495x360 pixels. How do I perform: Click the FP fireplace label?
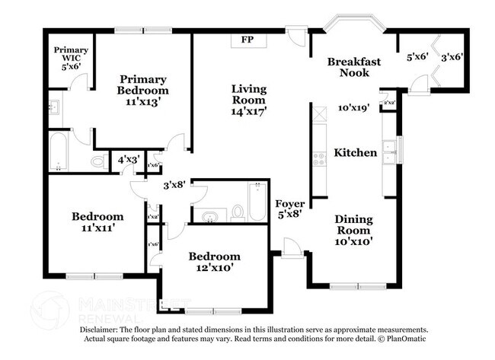point(247,40)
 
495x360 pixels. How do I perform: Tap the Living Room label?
point(248,94)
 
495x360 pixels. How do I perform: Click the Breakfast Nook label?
point(354,67)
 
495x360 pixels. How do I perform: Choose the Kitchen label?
point(356,153)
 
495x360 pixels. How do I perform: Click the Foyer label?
point(289,204)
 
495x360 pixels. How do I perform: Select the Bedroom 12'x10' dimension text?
point(214,268)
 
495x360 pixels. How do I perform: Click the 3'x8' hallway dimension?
point(174,185)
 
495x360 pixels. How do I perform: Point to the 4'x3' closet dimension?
point(127,161)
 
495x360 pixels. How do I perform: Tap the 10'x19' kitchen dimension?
point(353,108)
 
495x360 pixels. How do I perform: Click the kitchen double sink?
point(390,153)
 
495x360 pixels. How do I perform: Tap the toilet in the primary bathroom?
point(98,161)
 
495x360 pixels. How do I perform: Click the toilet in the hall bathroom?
point(237,212)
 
